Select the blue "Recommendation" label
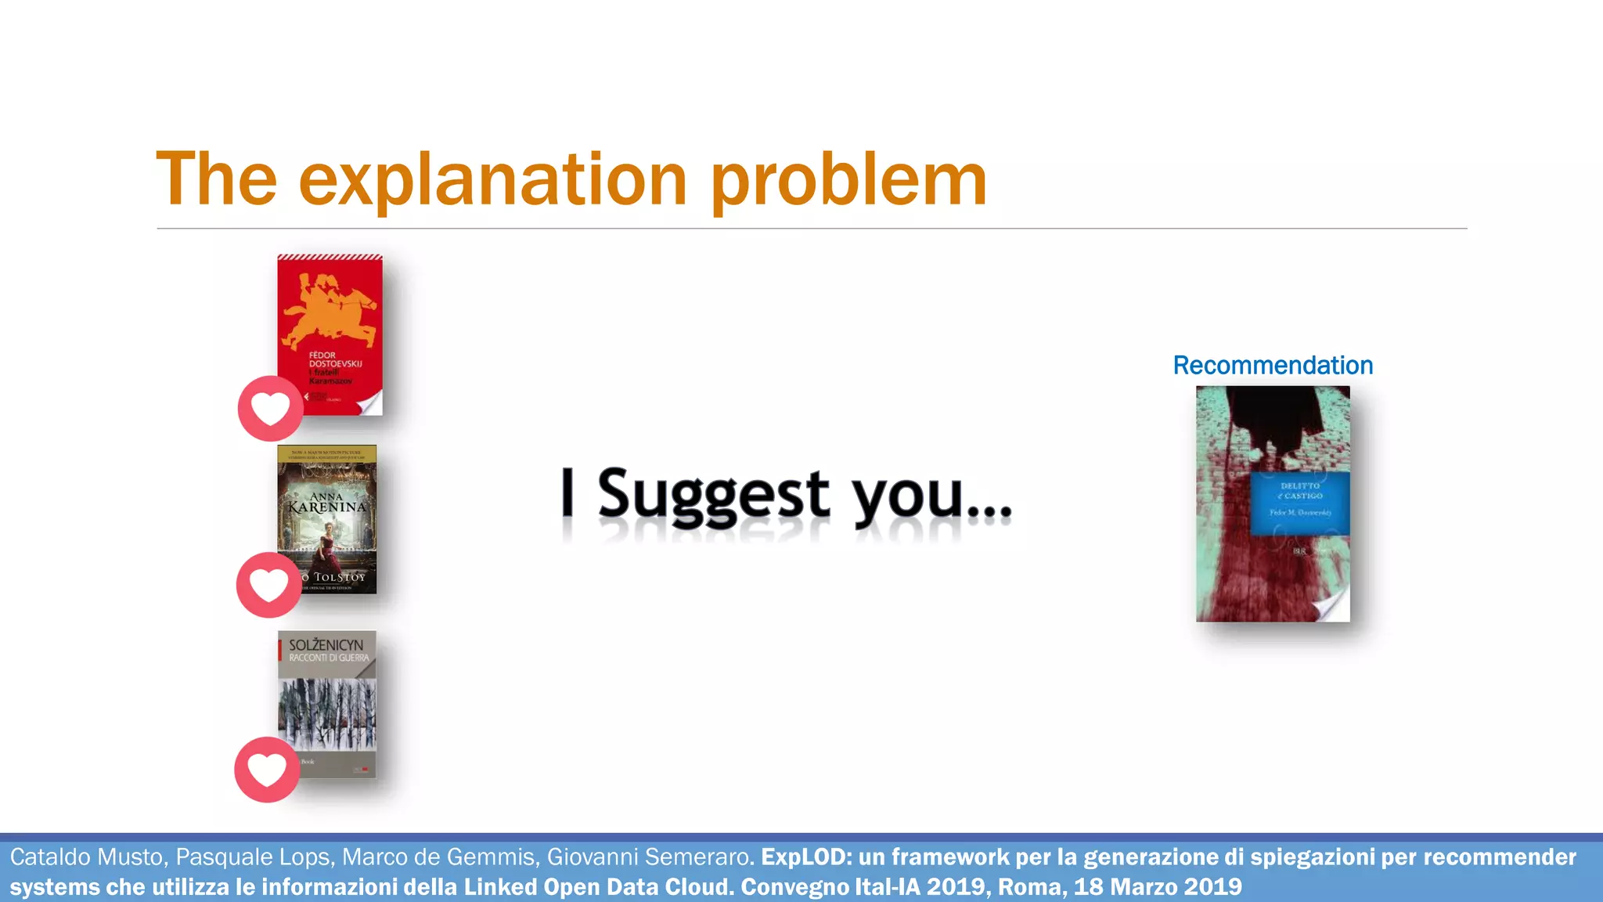(1273, 366)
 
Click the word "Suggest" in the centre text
(713, 493)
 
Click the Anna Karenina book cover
(327, 519)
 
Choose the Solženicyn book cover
(327, 704)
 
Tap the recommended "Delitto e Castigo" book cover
(1273, 503)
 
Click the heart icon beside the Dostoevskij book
(270, 408)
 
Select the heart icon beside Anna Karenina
(268, 584)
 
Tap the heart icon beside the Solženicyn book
(267, 769)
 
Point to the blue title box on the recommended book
(1300, 503)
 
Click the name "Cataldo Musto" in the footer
(87, 857)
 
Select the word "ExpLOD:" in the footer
(806, 857)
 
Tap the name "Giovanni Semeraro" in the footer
(649, 857)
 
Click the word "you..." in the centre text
(931, 495)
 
